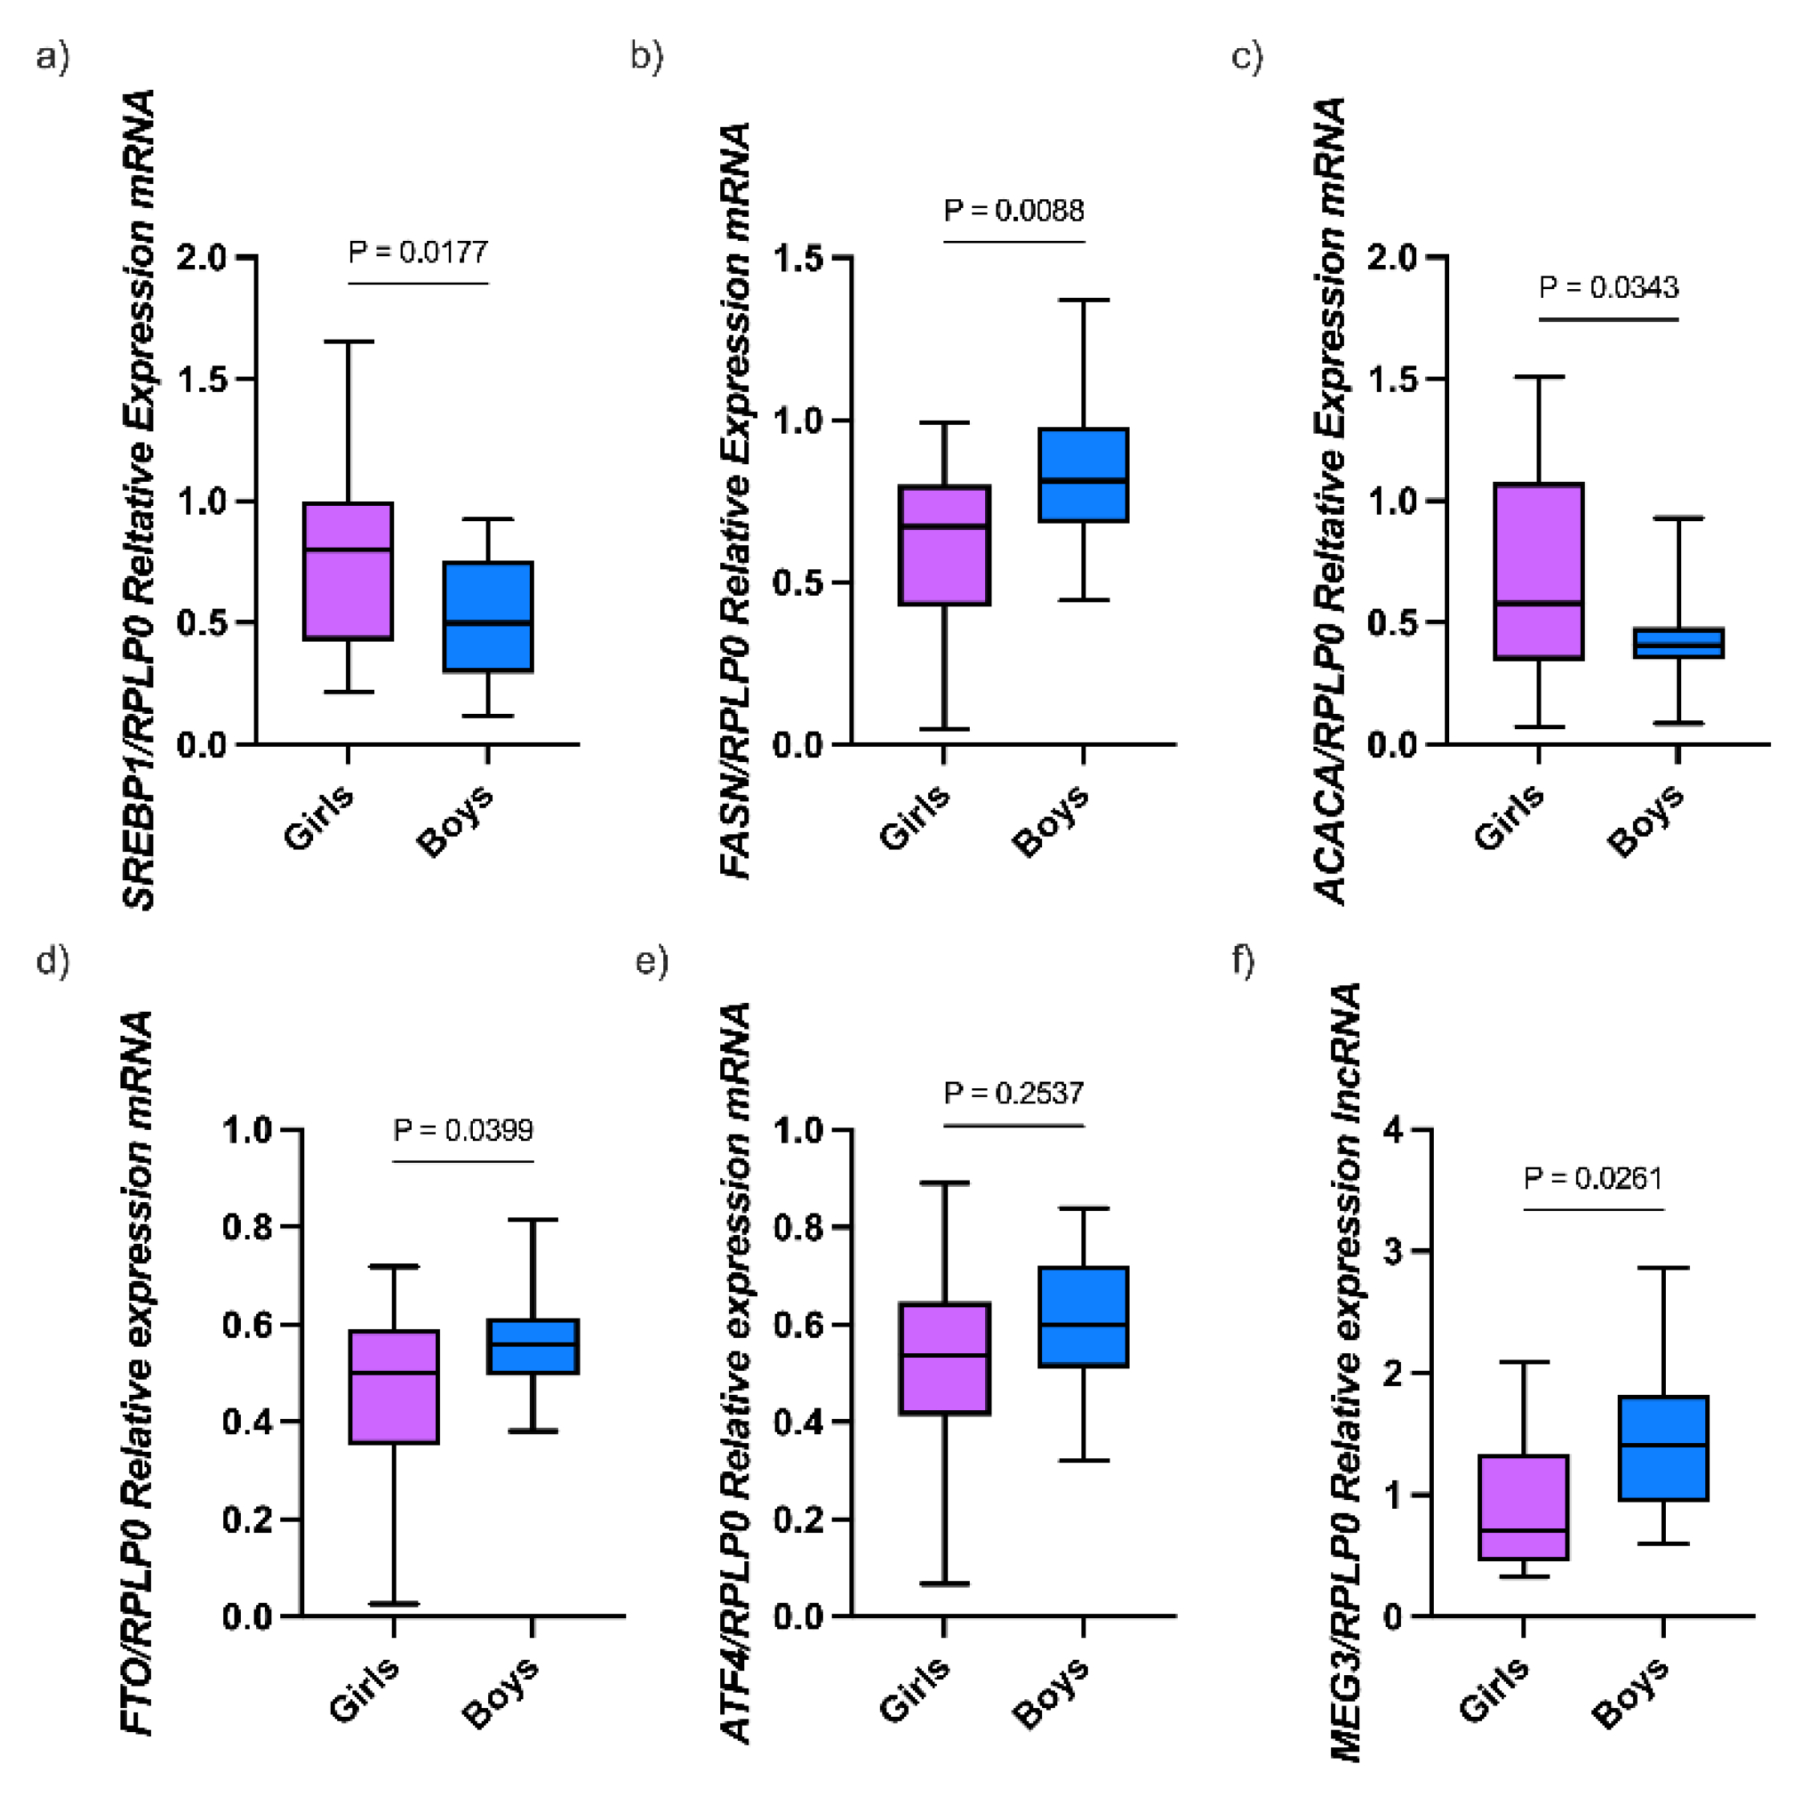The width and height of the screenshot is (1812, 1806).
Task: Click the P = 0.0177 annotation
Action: tap(418, 252)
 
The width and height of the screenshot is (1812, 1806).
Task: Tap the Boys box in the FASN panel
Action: tap(1083, 475)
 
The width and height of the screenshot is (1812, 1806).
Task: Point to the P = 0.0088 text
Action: tap(1014, 210)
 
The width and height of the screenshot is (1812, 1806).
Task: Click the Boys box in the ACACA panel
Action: tap(1678, 642)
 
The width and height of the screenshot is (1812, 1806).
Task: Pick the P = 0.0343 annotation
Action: tap(1608, 287)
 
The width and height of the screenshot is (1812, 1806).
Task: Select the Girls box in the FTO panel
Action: tap(394, 1387)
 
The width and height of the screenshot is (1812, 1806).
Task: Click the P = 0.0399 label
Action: tap(463, 1130)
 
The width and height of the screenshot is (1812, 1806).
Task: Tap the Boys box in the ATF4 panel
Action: tap(1083, 1316)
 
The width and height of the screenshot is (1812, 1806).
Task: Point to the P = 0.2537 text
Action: tap(1014, 1093)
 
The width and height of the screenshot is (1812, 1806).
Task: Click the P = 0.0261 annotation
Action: tap(1593, 1177)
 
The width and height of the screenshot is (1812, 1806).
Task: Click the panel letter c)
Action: tap(1247, 57)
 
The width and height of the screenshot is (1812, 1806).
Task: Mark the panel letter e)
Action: tap(651, 962)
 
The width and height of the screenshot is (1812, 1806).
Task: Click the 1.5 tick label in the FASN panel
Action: tap(800, 257)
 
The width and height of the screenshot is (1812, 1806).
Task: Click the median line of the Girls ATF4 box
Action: tap(944, 1356)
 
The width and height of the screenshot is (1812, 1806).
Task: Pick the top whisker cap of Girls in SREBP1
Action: tap(348, 341)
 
